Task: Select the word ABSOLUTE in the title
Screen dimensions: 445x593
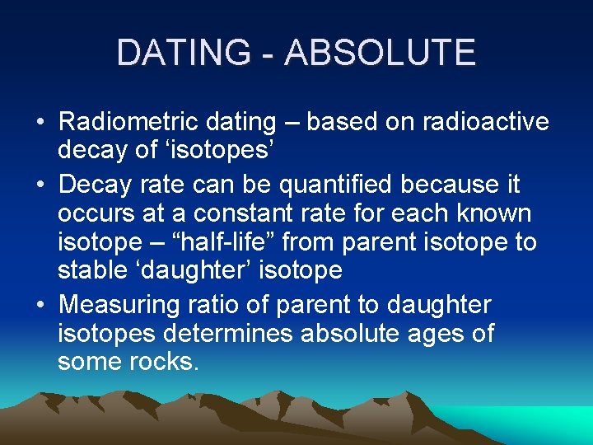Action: [381, 53]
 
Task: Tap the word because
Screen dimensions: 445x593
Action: [451, 183]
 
